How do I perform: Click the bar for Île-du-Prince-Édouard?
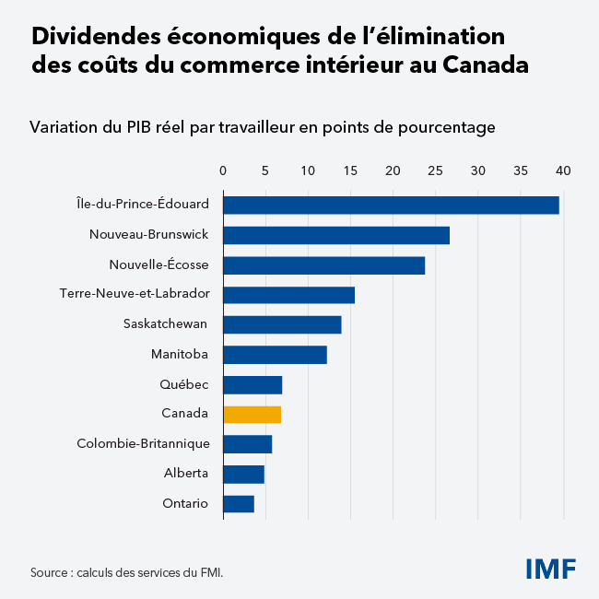391,205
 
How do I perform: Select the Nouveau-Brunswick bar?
336,235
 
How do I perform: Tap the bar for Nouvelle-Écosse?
323,265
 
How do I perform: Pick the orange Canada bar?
252,414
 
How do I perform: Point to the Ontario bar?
239,503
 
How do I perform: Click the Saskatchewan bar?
282,324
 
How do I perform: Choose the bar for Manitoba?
275,354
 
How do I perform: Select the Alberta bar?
243,474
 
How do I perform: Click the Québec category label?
183,384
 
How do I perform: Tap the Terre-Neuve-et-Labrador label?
135,295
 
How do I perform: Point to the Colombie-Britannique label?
143,444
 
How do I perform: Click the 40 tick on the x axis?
563,170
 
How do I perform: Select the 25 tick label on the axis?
436,170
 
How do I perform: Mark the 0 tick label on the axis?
223,170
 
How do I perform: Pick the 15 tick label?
350,170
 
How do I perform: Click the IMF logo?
550,569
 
